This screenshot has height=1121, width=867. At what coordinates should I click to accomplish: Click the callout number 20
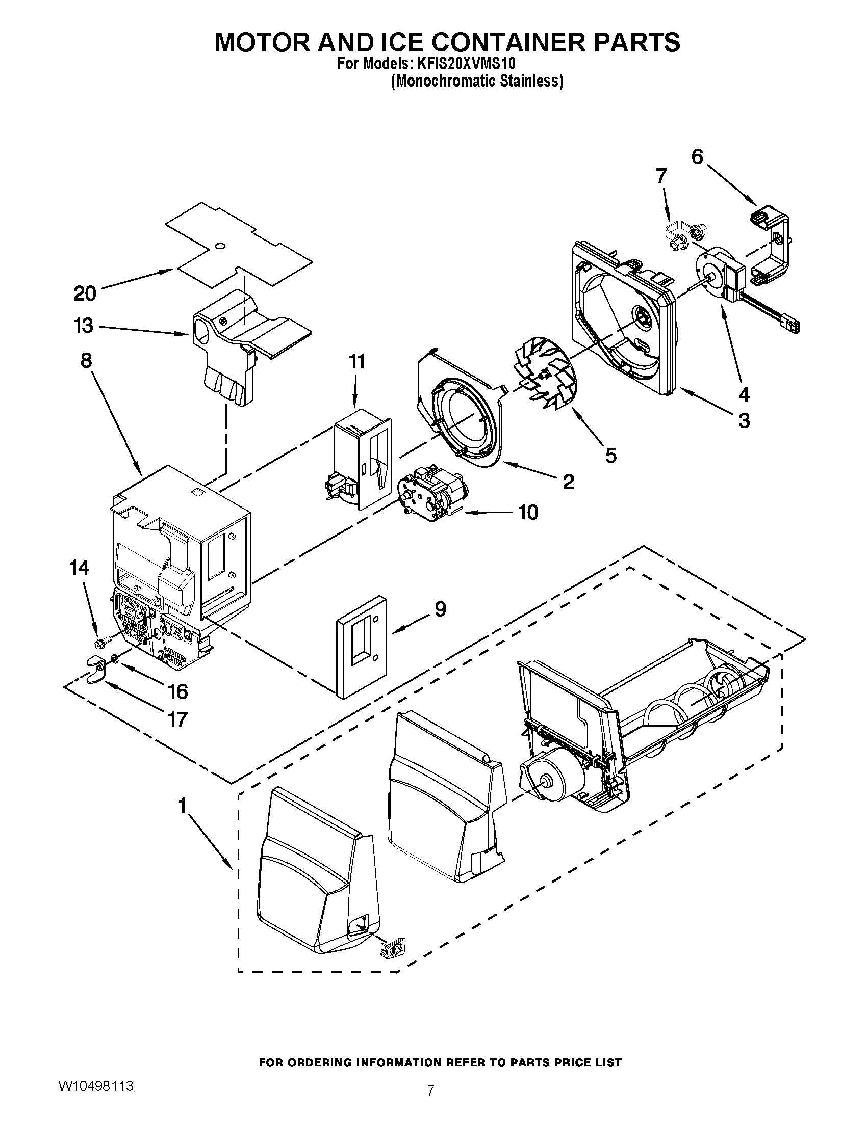coord(85,294)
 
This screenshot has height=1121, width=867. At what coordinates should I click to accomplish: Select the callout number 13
coord(83,326)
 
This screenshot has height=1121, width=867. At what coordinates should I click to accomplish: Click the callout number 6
coord(697,157)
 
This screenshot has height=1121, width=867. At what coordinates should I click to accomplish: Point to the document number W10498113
coord(96,1054)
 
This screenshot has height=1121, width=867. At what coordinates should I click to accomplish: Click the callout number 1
coord(182,807)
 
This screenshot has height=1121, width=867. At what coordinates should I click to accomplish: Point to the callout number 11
coord(357,362)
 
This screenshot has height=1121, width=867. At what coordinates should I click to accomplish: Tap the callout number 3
coord(744,421)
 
